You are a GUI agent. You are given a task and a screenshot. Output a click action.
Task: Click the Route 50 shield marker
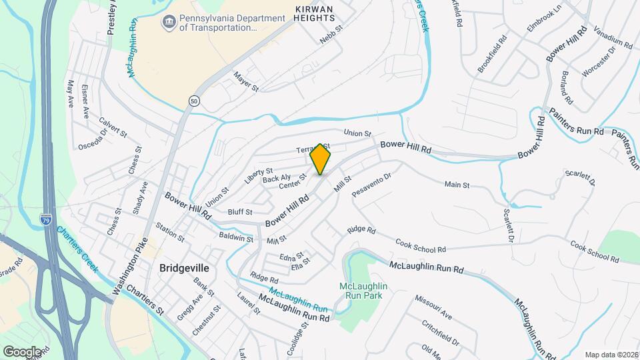(194, 101)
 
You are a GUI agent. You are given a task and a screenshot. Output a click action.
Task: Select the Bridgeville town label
(184, 268)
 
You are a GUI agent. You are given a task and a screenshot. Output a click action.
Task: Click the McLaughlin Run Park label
(364, 291)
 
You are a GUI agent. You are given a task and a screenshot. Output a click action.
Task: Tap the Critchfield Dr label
(441, 332)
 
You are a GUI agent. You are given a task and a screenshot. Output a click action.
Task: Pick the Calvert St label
(113, 127)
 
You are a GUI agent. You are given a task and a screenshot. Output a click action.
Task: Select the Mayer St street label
(245, 83)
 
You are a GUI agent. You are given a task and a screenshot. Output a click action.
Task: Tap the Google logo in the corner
(22, 351)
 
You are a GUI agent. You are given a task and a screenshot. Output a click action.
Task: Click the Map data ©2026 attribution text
(611, 355)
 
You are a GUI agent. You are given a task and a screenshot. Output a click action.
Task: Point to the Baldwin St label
(236, 237)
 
